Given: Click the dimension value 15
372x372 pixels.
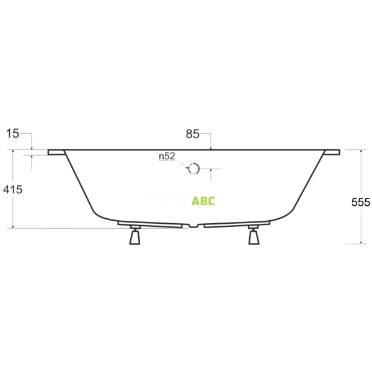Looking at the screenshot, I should pos(13,133).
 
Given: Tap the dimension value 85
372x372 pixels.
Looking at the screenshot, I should pos(192,133).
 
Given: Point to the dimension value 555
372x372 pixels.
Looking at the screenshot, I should pos(360,202).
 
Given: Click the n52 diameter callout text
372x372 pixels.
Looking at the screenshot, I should pos(167,157).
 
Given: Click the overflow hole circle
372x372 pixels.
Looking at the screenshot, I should pos(193,168).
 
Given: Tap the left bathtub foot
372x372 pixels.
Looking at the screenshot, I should pos(135,237).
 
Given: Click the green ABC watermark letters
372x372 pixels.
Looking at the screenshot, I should pos(203,201).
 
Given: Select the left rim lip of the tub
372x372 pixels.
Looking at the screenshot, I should pos(56,152).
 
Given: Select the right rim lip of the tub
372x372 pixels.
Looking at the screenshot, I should pos(332,152).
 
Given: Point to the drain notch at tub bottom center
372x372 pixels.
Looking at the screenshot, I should pos(195,225).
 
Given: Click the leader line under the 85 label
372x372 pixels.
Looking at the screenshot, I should pos(211,141).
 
